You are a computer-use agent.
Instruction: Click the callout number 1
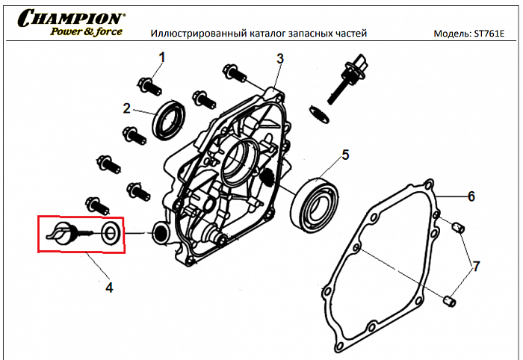161,57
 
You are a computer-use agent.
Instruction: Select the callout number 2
127,108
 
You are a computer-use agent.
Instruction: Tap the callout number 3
280,58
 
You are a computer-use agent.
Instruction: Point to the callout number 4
109,286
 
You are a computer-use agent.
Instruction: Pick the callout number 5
345,155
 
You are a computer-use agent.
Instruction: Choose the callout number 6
471,196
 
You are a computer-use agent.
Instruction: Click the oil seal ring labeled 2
170,119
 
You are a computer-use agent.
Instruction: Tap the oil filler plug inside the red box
62,233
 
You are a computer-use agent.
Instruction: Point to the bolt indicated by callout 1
149,85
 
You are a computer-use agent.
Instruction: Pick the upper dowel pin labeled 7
460,226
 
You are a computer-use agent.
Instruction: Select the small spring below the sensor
318,115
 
